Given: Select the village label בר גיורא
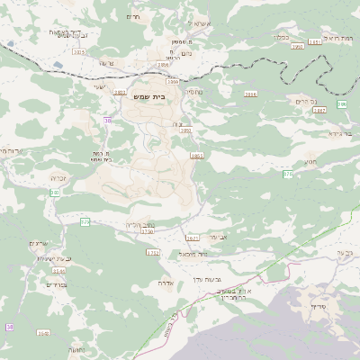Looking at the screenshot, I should pyautogui.click(x=332, y=132).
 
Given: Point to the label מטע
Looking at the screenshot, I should pyautogui.click(x=309, y=162).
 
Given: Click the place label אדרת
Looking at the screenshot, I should pyautogui.click(x=165, y=281).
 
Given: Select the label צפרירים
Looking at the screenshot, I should pyautogui.click(x=39, y=283).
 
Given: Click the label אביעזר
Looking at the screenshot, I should pyautogui.click(x=220, y=237).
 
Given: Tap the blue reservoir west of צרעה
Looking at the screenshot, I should pyautogui.click(x=59, y=66).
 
